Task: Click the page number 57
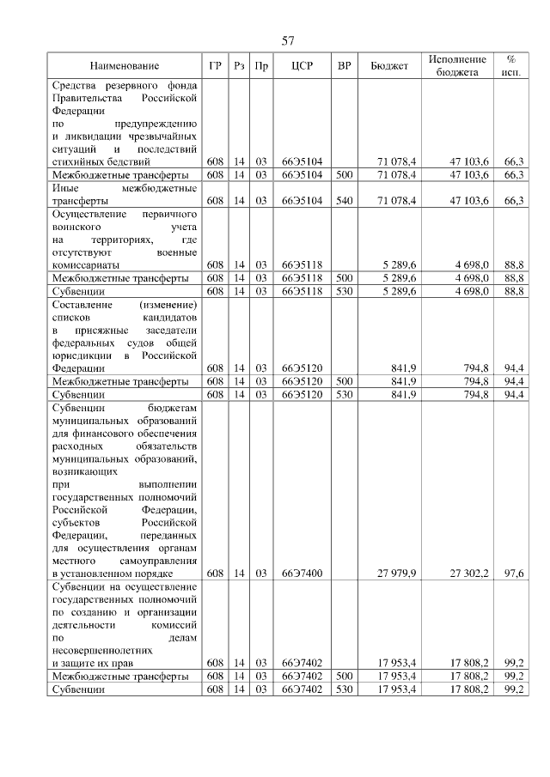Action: click(x=288, y=40)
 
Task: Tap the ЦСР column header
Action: click(x=300, y=66)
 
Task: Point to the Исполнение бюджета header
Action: click(x=457, y=66)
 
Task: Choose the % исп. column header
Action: click(x=510, y=66)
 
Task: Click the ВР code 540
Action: click(x=345, y=200)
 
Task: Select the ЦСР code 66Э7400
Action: click(x=302, y=573)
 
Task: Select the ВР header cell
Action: click(x=345, y=66)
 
